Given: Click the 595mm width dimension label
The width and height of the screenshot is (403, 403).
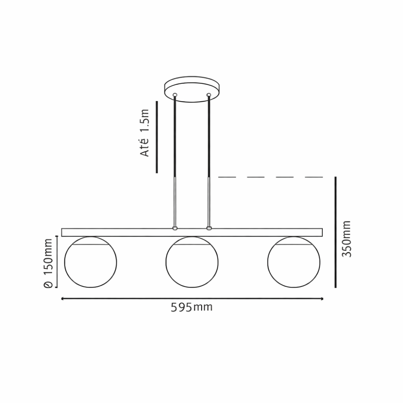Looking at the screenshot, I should [191, 307].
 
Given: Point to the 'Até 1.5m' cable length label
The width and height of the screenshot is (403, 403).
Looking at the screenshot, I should [144, 133].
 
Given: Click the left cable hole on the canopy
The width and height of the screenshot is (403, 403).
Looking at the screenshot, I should [174, 95].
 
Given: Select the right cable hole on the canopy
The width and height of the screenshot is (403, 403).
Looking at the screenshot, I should [209, 95].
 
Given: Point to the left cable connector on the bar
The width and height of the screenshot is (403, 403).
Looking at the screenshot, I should [174, 229].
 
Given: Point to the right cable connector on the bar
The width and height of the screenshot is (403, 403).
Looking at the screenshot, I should [209, 229].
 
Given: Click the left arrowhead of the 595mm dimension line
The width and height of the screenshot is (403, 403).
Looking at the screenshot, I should [62, 299].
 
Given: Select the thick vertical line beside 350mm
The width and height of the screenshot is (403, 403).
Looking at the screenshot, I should [335, 232].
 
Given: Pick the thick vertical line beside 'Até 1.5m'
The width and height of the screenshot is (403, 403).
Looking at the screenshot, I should [157, 137].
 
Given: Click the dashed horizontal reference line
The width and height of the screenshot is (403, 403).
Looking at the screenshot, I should [270, 177].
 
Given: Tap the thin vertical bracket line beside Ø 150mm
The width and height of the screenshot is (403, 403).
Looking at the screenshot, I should [57, 262].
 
